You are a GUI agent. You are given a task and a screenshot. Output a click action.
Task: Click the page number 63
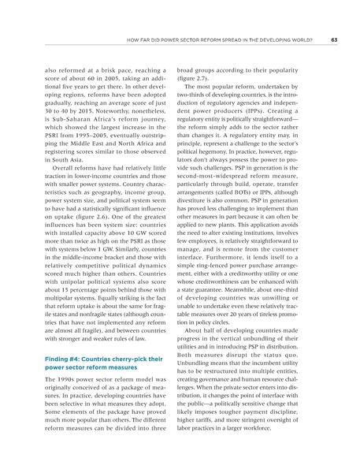tap(334, 40)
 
